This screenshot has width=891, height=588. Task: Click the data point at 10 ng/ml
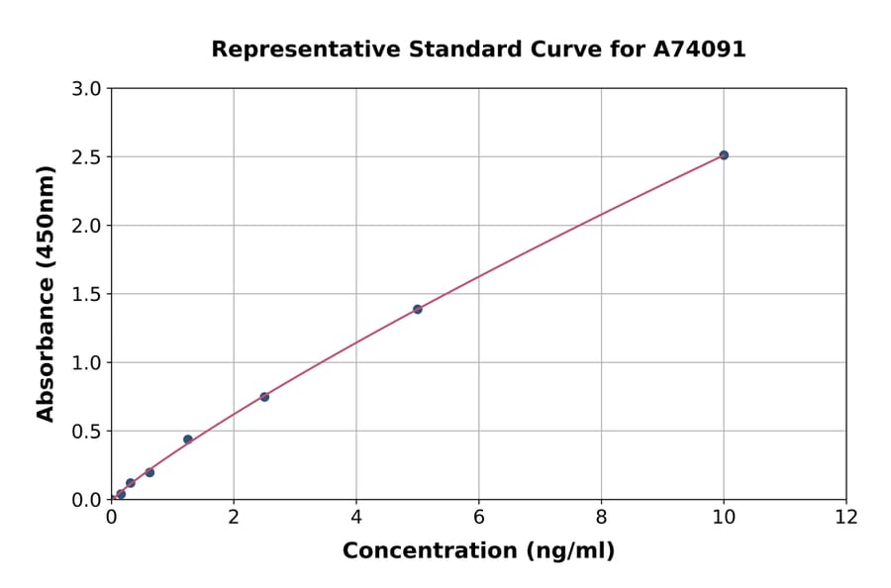click(724, 155)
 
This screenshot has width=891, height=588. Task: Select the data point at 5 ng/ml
click(418, 309)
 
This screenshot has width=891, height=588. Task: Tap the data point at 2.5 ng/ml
click(264, 397)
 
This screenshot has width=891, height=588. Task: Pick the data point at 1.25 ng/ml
click(188, 440)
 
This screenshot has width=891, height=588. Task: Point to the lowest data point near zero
click(121, 494)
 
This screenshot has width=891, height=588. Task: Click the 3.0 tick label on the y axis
click(87, 89)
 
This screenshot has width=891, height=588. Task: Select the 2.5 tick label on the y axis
click(87, 157)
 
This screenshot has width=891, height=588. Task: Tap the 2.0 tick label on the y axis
click(87, 226)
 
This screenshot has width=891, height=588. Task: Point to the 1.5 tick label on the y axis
click(87, 294)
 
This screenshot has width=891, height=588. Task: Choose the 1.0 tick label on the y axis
click(87, 362)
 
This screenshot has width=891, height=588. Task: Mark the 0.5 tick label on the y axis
click(87, 432)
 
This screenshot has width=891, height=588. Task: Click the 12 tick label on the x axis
click(846, 517)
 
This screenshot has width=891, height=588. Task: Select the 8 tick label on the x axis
click(602, 517)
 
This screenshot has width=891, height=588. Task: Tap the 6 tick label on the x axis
click(479, 517)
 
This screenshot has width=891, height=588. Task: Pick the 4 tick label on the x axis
click(356, 517)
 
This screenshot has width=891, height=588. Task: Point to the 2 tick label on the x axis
click(234, 517)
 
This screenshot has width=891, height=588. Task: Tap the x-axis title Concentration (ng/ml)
click(478, 551)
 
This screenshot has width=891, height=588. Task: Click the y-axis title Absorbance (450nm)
click(46, 293)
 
